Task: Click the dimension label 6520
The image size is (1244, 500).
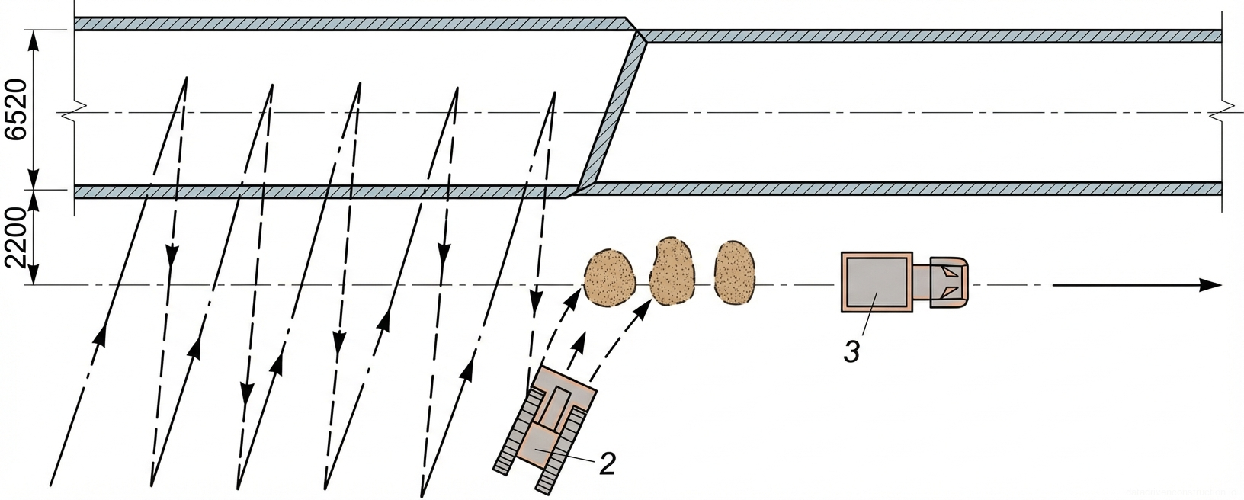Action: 16,110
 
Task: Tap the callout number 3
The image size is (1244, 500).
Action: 851,352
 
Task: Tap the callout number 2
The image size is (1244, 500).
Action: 607,463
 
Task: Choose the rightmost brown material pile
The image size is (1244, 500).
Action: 734,274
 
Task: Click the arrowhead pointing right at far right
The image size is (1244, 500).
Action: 1212,285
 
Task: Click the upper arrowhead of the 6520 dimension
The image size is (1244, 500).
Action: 34,40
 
